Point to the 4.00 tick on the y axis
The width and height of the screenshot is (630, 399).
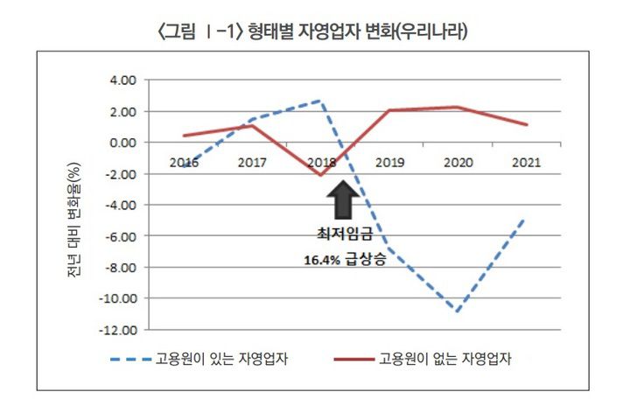[x=123, y=80]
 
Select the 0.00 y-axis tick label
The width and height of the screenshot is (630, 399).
[x=123, y=143]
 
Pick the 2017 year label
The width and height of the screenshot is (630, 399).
[x=253, y=162]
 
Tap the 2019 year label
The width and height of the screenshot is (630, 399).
[x=389, y=162]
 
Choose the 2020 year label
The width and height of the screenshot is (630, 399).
[x=458, y=162]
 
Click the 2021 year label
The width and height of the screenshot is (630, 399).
[x=526, y=162]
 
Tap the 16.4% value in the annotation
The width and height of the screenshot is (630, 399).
[x=318, y=260]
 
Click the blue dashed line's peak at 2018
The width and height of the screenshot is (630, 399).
[x=322, y=101]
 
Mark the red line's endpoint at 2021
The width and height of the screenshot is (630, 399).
[x=527, y=124]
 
